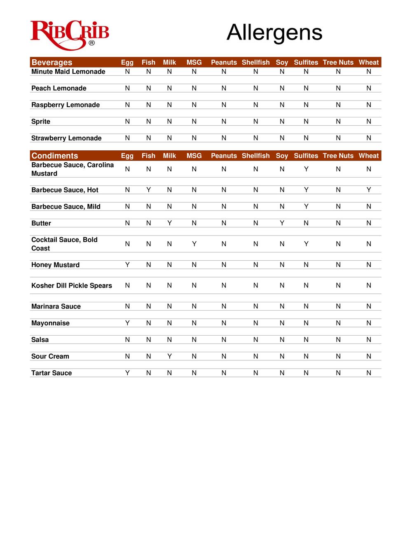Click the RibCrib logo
[70, 35]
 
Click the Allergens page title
[274, 33]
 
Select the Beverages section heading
[52, 63]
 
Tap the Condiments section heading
[55, 156]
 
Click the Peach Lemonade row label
[59, 89]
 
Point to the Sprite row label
[41, 122]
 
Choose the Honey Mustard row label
[56, 265]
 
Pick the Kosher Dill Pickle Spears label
[72, 286]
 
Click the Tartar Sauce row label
[51, 373]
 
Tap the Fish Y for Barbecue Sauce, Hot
[149, 190]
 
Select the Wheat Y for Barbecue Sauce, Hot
[369, 190]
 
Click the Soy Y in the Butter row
[282, 223]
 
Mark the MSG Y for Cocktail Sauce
[194, 244]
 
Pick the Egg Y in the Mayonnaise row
[127, 323]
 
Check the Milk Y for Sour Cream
[169, 356]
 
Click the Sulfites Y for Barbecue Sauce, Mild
[306, 207]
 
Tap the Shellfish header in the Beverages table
[255, 63]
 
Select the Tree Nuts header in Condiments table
[338, 156]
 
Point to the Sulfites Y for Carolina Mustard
[306, 169]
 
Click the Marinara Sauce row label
[56, 307]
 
